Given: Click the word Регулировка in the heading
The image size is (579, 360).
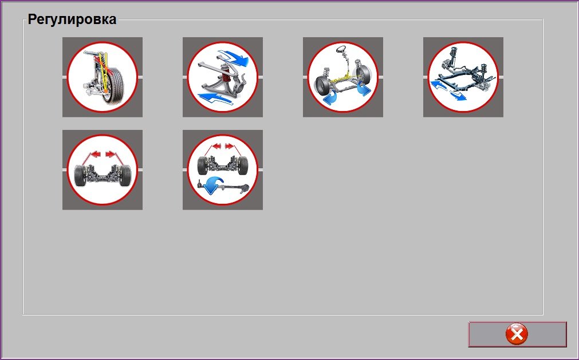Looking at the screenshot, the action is tap(72, 19).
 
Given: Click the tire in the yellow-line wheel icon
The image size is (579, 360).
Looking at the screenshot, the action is tap(115, 85).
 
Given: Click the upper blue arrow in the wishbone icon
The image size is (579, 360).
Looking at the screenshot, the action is tap(233, 57).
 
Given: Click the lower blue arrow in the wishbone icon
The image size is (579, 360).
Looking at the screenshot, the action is tap(216, 98).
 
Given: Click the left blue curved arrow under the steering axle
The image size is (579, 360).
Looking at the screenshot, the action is tap(330, 98).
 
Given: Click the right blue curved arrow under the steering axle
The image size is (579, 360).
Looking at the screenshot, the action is tap(364, 89).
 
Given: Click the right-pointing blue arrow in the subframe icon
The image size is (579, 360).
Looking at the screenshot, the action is tap(458, 95).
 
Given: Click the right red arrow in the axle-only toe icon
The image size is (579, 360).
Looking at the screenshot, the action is tap(109, 154).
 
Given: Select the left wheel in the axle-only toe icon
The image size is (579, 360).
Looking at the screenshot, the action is tap(80, 175).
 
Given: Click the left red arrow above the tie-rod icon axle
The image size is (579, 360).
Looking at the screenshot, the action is tap(216, 147).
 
